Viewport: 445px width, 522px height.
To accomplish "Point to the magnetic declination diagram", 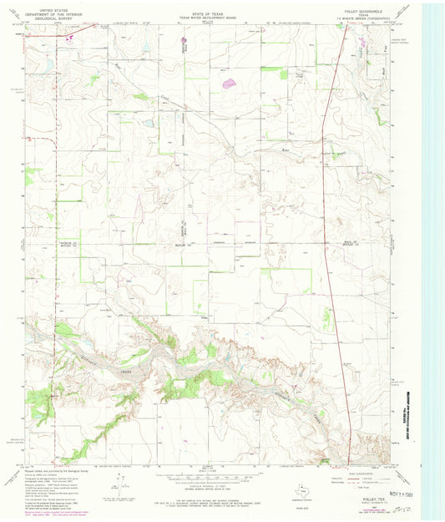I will (123, 485).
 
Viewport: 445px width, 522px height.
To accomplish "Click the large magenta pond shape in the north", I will (227, 83).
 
